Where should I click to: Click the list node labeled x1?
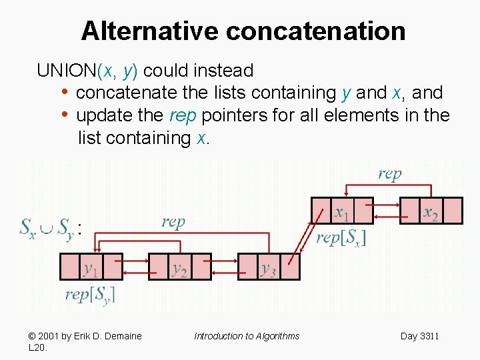[x=342, y=211]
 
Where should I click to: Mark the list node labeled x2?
[x=431, y=211]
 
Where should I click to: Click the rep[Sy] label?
[x=90, y=294]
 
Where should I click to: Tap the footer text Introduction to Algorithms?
[x=247, y=336]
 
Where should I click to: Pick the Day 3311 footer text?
[x=419, y=336]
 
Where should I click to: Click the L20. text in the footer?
[x=37, y=347]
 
